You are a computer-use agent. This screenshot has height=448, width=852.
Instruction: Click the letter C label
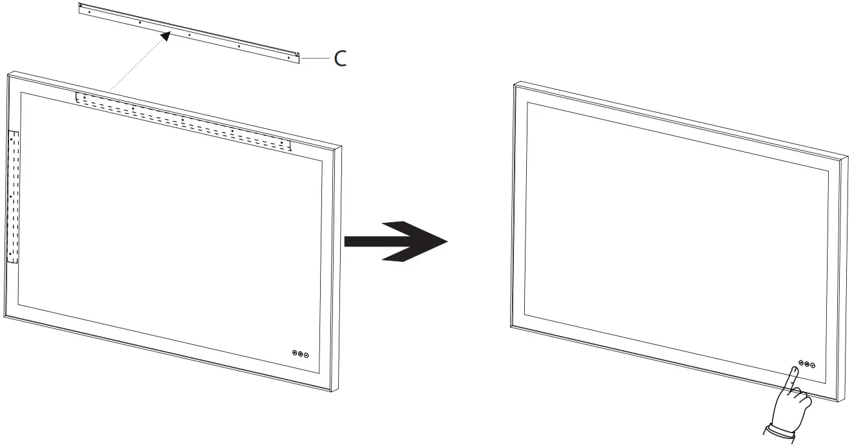pos(339,59)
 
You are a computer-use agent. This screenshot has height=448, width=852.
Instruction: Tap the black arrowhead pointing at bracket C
pos(166,36)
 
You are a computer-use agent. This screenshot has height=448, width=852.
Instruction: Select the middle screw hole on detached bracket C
pos(189,34)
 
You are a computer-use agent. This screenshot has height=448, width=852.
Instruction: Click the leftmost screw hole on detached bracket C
pos(90,11)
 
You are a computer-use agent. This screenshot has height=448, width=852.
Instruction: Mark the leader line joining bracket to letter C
pos(316,59)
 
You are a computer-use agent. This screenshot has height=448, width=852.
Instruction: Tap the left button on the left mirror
pos(296,353)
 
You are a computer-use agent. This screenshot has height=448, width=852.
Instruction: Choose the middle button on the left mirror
pos(301,354)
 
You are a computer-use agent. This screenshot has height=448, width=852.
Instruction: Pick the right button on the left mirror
pos(307,355)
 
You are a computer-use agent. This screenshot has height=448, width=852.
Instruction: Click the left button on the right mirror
pos(801,362)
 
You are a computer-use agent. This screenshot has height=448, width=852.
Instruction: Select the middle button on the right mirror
pos(807,364)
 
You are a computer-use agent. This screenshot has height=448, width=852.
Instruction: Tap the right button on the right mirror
pos(813,365)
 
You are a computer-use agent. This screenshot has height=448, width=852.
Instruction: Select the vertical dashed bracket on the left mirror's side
pos(14,196)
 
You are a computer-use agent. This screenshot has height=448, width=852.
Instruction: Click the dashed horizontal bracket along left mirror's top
pos(183,120)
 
